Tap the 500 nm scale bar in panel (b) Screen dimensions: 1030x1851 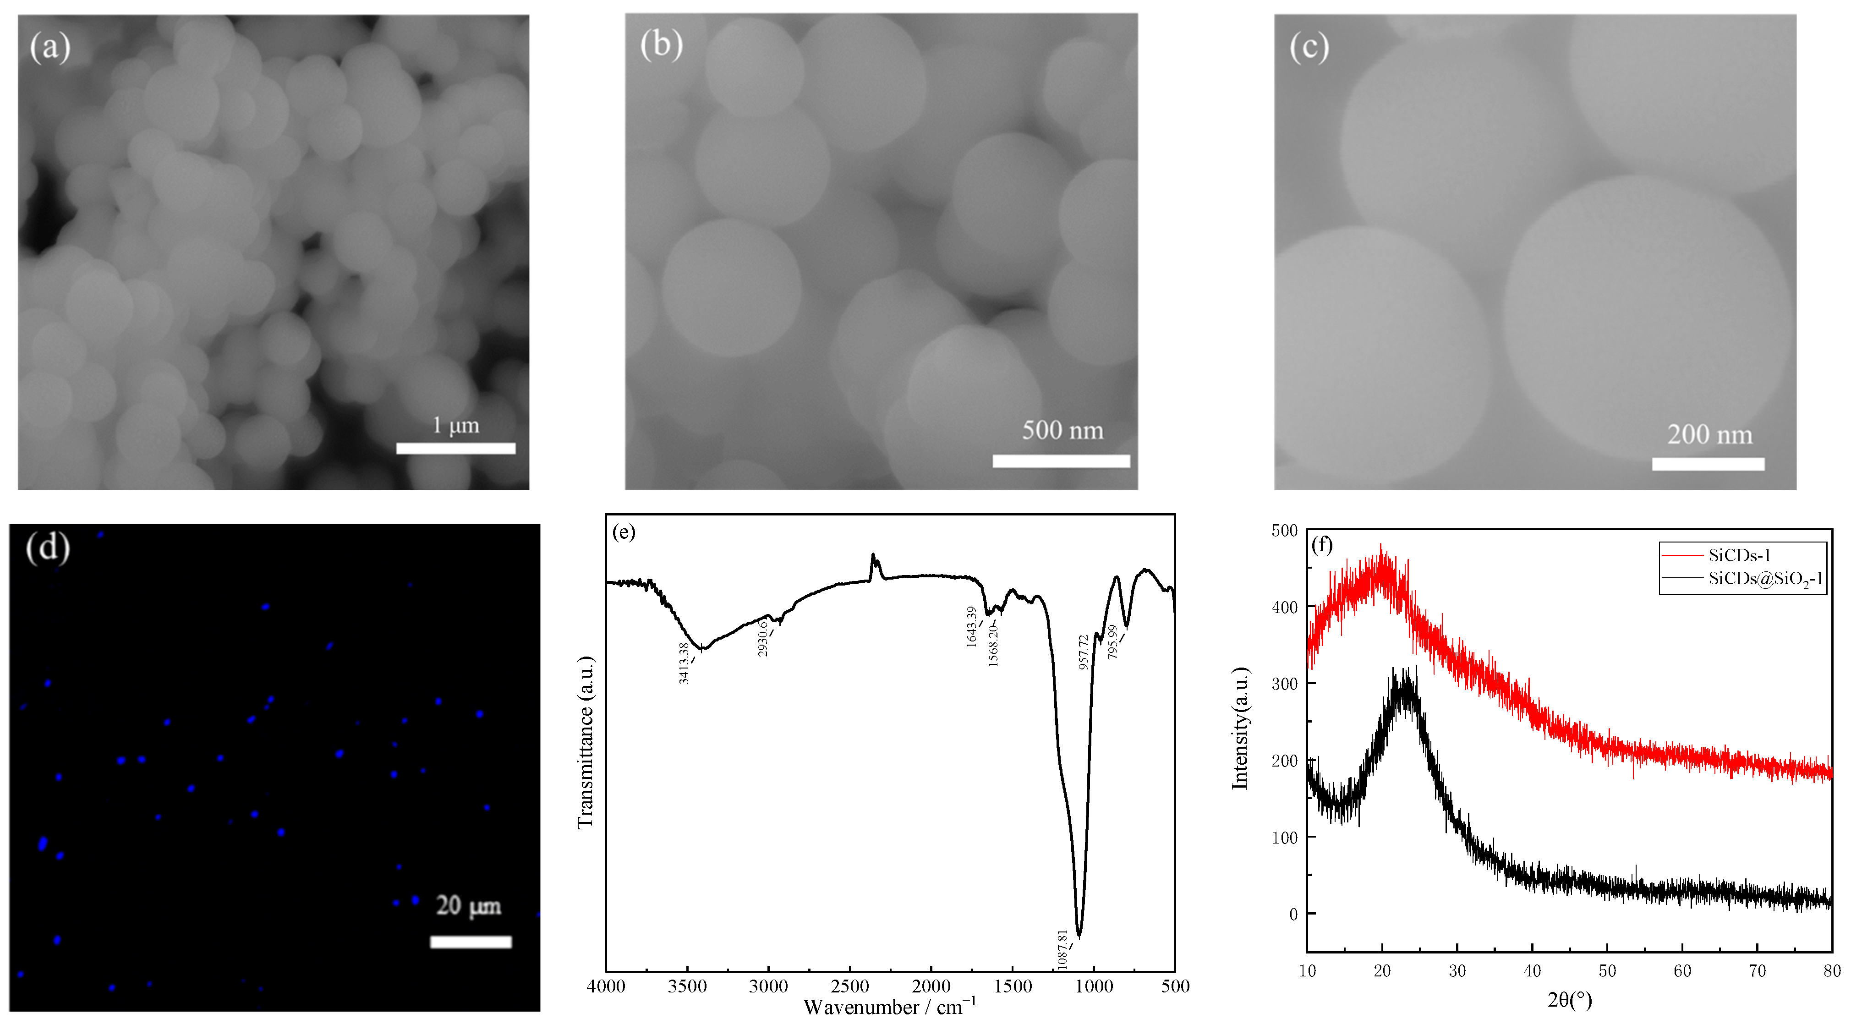(x=1061, y=461)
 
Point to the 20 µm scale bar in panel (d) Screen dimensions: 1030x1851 (x=471, y=942)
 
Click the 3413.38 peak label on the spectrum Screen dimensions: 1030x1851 (x=684, y=663)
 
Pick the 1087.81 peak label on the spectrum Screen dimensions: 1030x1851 (x=1062, y=949)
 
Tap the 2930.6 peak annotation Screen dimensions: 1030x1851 (x=762, y=638)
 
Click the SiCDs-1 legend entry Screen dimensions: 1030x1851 (x=1739, y=555)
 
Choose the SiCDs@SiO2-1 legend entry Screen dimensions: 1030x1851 (x=1765, y=579)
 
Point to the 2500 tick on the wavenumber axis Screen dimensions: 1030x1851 (x=850, y=986)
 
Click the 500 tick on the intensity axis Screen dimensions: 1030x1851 (x=1285, y=531)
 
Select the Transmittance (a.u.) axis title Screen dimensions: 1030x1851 (x=586, y=742)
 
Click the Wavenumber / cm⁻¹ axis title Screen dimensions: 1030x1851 (x=890, y=1006)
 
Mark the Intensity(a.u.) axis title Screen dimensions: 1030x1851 (x=1240, y=728)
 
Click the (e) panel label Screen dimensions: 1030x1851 (x=624, y=532)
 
